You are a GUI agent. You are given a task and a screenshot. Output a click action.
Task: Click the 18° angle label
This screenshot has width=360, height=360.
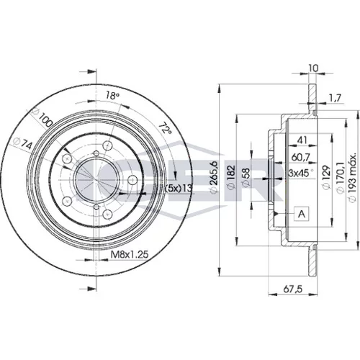pyautogui.click(x=112, y=96)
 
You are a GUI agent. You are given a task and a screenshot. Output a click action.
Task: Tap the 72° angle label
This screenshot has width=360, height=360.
pyautogui.click(x=166, y=129)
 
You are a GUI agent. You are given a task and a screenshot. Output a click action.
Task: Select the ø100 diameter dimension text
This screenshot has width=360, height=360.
pyautogui.click(x=42, y=117)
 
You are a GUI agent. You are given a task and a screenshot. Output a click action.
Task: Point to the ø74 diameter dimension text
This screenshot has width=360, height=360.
pyautogui.click(x=23, y=143)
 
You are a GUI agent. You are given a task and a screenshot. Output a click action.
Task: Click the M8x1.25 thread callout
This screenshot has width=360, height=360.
pyautogui.click(x=130, y=254)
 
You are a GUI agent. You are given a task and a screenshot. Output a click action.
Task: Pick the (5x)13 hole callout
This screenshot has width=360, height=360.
pyautogui.click(x=179, y=189)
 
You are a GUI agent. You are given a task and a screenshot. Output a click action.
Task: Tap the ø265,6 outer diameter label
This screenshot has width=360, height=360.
pyautogui.click(x=214, y=177)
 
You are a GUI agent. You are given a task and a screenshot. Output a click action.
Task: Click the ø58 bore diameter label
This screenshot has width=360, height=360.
pyautogui.click(x=246, y=177)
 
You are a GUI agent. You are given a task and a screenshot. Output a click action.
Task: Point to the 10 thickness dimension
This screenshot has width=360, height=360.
pyautogui.click(x=313, y=68)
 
